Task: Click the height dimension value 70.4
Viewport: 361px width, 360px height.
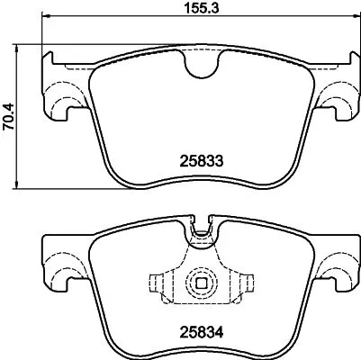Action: tap(10, 116)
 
